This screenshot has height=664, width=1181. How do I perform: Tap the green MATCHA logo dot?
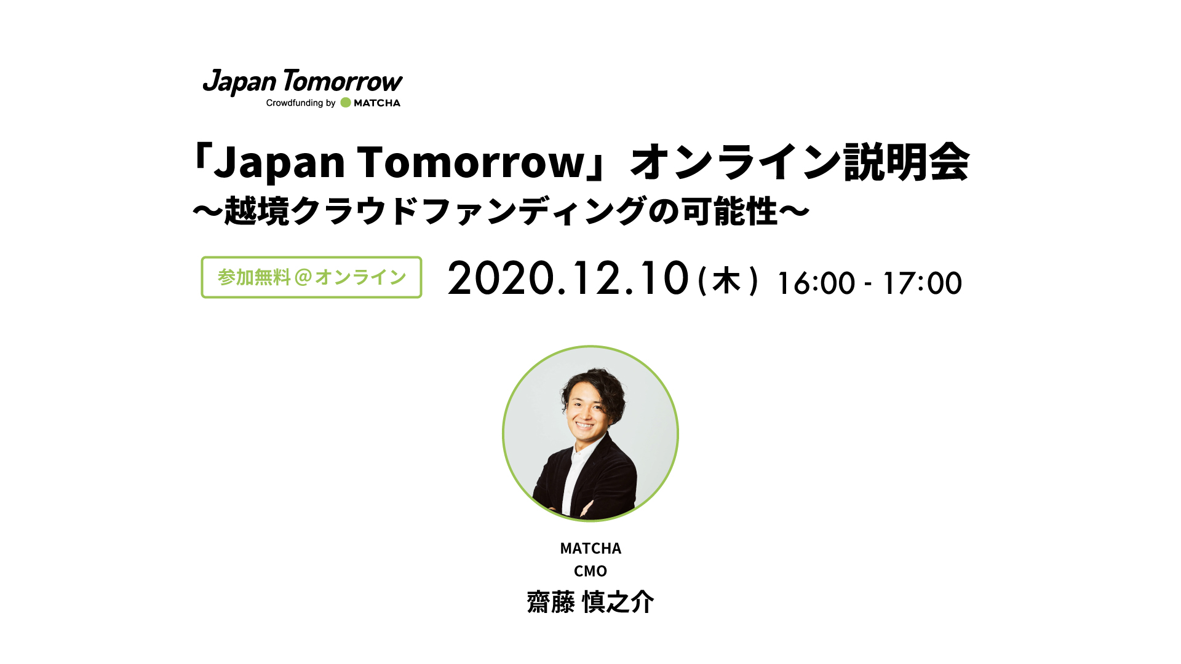point(346,103)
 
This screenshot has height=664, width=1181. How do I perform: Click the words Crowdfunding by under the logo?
point(301,103)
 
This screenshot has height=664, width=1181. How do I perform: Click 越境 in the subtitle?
point(256,211)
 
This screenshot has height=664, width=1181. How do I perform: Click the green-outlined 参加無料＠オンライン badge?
point(311,277)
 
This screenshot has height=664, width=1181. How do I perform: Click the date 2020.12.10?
point(568,278)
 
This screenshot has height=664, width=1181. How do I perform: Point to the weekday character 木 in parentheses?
point(726,281)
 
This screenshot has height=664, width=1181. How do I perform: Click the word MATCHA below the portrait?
point(590,548)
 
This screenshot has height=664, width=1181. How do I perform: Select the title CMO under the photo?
point(590,571)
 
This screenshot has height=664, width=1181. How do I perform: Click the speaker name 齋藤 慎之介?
point(590,602)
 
